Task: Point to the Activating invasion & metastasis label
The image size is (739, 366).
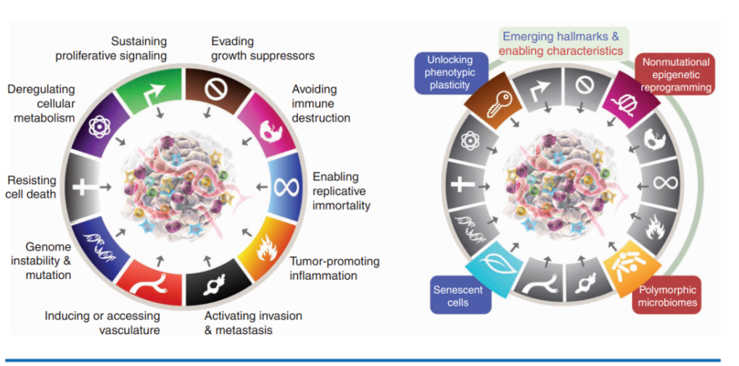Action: pyautogui.click(x=253, y=323)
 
